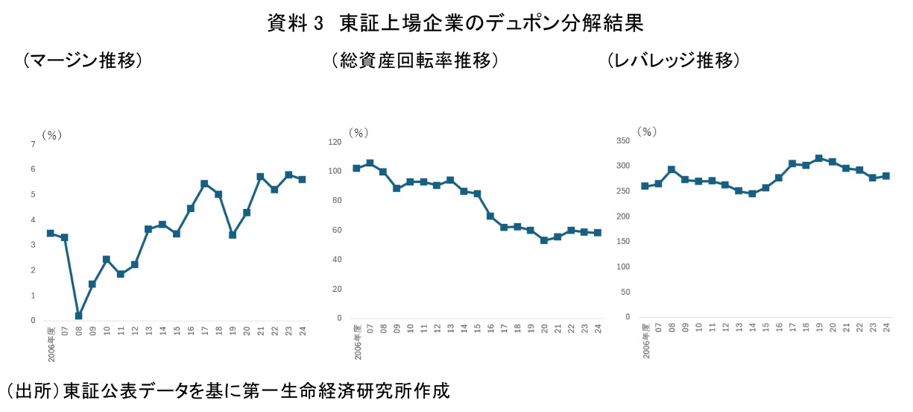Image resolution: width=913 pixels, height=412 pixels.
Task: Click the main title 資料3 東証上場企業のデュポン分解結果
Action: pos(455,23)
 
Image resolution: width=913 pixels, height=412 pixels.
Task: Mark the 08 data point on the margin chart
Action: pos(78,316)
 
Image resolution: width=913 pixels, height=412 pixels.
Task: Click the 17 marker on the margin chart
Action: pos(204,184)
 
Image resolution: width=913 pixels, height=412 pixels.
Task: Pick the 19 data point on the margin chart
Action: pos(232,234)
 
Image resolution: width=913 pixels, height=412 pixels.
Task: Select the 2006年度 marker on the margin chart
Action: pos(50,233)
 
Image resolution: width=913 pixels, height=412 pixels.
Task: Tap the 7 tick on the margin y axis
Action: pos(33,144)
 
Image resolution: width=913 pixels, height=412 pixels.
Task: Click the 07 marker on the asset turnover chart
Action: pos(370,163)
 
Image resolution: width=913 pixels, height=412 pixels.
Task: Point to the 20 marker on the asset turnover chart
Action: pos(544,240)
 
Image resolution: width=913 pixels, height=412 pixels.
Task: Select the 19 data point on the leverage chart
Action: pos(818,158)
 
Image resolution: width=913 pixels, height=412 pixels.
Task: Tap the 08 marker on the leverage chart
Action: pos(671,169)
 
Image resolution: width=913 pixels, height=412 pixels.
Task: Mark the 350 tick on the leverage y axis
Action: pos(624,140)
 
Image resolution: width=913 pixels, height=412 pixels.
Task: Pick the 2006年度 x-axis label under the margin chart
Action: pos(51,344)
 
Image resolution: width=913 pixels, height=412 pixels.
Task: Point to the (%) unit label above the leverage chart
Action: pos(647,131)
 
